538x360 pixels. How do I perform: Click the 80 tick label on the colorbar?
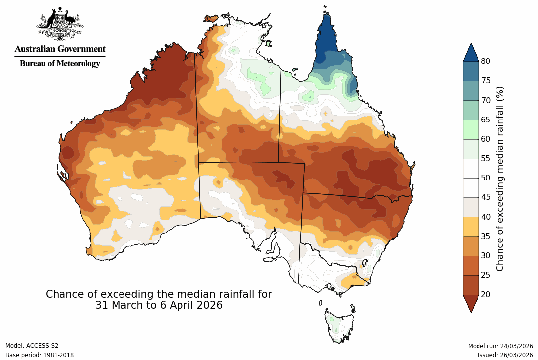click(486, 61)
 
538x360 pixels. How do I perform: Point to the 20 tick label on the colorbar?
click(486, 294)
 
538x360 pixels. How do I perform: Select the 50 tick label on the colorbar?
click(486, 178)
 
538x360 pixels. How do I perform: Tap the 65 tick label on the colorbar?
click(486, 120)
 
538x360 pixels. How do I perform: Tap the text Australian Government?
click(60, 49)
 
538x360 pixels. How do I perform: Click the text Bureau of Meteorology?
click(60, 63)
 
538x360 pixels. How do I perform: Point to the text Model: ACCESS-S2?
click(32, 346)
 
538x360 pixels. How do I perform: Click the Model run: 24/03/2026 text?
click(500, 346)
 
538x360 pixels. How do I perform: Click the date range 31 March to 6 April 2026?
click(159, 305)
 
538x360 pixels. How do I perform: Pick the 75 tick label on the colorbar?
click(486, 80)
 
